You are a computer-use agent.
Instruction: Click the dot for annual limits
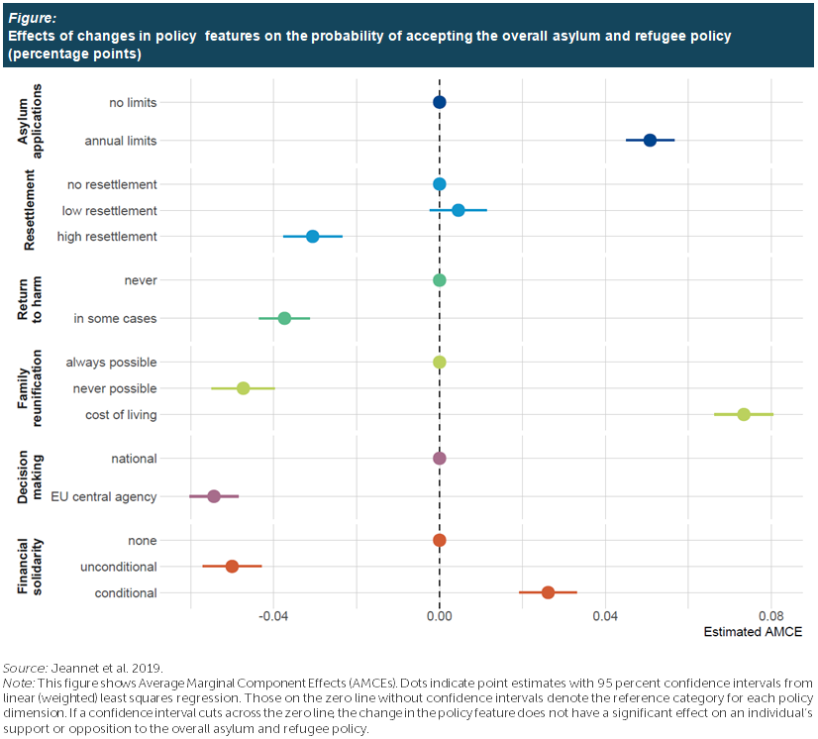point(650,141)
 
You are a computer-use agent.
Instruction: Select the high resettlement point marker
point(313,237)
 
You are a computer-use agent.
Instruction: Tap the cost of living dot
point(744,414)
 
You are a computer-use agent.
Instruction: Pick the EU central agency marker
point(214,495)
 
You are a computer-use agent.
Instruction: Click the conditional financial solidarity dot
point(548,592)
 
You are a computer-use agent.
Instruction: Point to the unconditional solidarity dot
point(232,567)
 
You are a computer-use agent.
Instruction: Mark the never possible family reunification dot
point(243,388)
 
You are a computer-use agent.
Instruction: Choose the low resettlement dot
point(458,210)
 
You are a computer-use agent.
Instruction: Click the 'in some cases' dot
point(284,318)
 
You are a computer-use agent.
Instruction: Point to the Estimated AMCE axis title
point(752,632)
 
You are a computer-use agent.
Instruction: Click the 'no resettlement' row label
point(112,184)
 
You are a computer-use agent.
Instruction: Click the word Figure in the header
point(32,17)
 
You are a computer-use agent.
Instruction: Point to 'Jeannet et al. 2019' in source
point(107,667)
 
